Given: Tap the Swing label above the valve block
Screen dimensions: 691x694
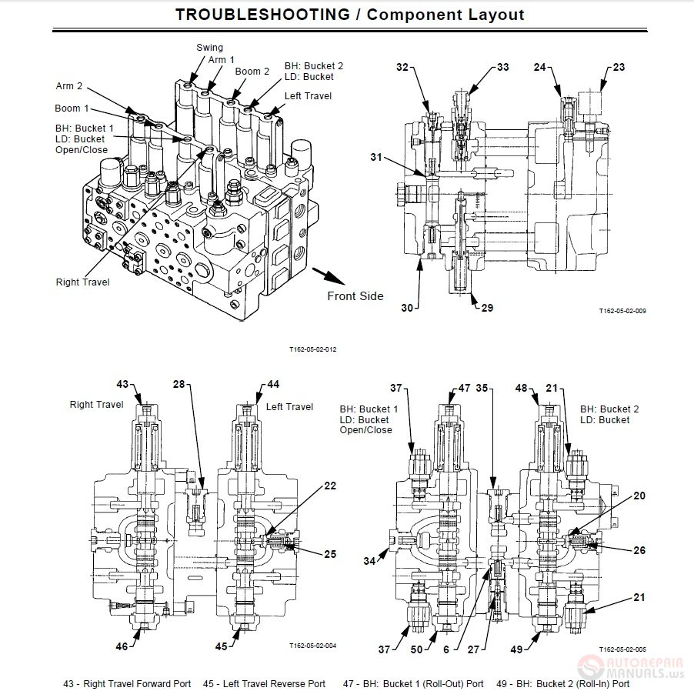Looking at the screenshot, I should pyautogui.click(x=209, y=48).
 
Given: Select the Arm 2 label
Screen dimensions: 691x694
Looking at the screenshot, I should pyautogui.click(x=68, y=86).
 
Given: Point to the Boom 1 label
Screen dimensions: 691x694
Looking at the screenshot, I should pyautogui.click(x=72, y=108).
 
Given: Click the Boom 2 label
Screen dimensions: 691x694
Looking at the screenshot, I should pyautogui.click(x=252, y=72).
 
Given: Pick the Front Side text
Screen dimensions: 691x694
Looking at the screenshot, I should pyautogui.click(x=355, y=295).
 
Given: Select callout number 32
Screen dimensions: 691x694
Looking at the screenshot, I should pyautogui.click(x=402, y=68).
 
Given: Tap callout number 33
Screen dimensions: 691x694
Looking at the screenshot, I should pyautogui.click(x=502, y=68).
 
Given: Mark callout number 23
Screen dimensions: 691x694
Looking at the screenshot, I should pyautogui.click(x=619, y=68).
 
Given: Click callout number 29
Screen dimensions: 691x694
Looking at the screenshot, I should pyautogui.click(x=487, y=308).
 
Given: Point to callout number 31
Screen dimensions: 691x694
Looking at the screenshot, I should pyautogui.click(x=375, y=158).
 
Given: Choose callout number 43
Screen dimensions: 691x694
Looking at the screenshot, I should pyautogui.click(x=122, y=384).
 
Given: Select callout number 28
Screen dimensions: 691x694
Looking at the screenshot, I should pyautogui.click(x=179, y=384).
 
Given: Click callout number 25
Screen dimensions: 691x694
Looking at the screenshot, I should pyautogui.click(x=329, y=554).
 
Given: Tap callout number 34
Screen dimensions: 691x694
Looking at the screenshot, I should pyautogui.click(x=369, y=562).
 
